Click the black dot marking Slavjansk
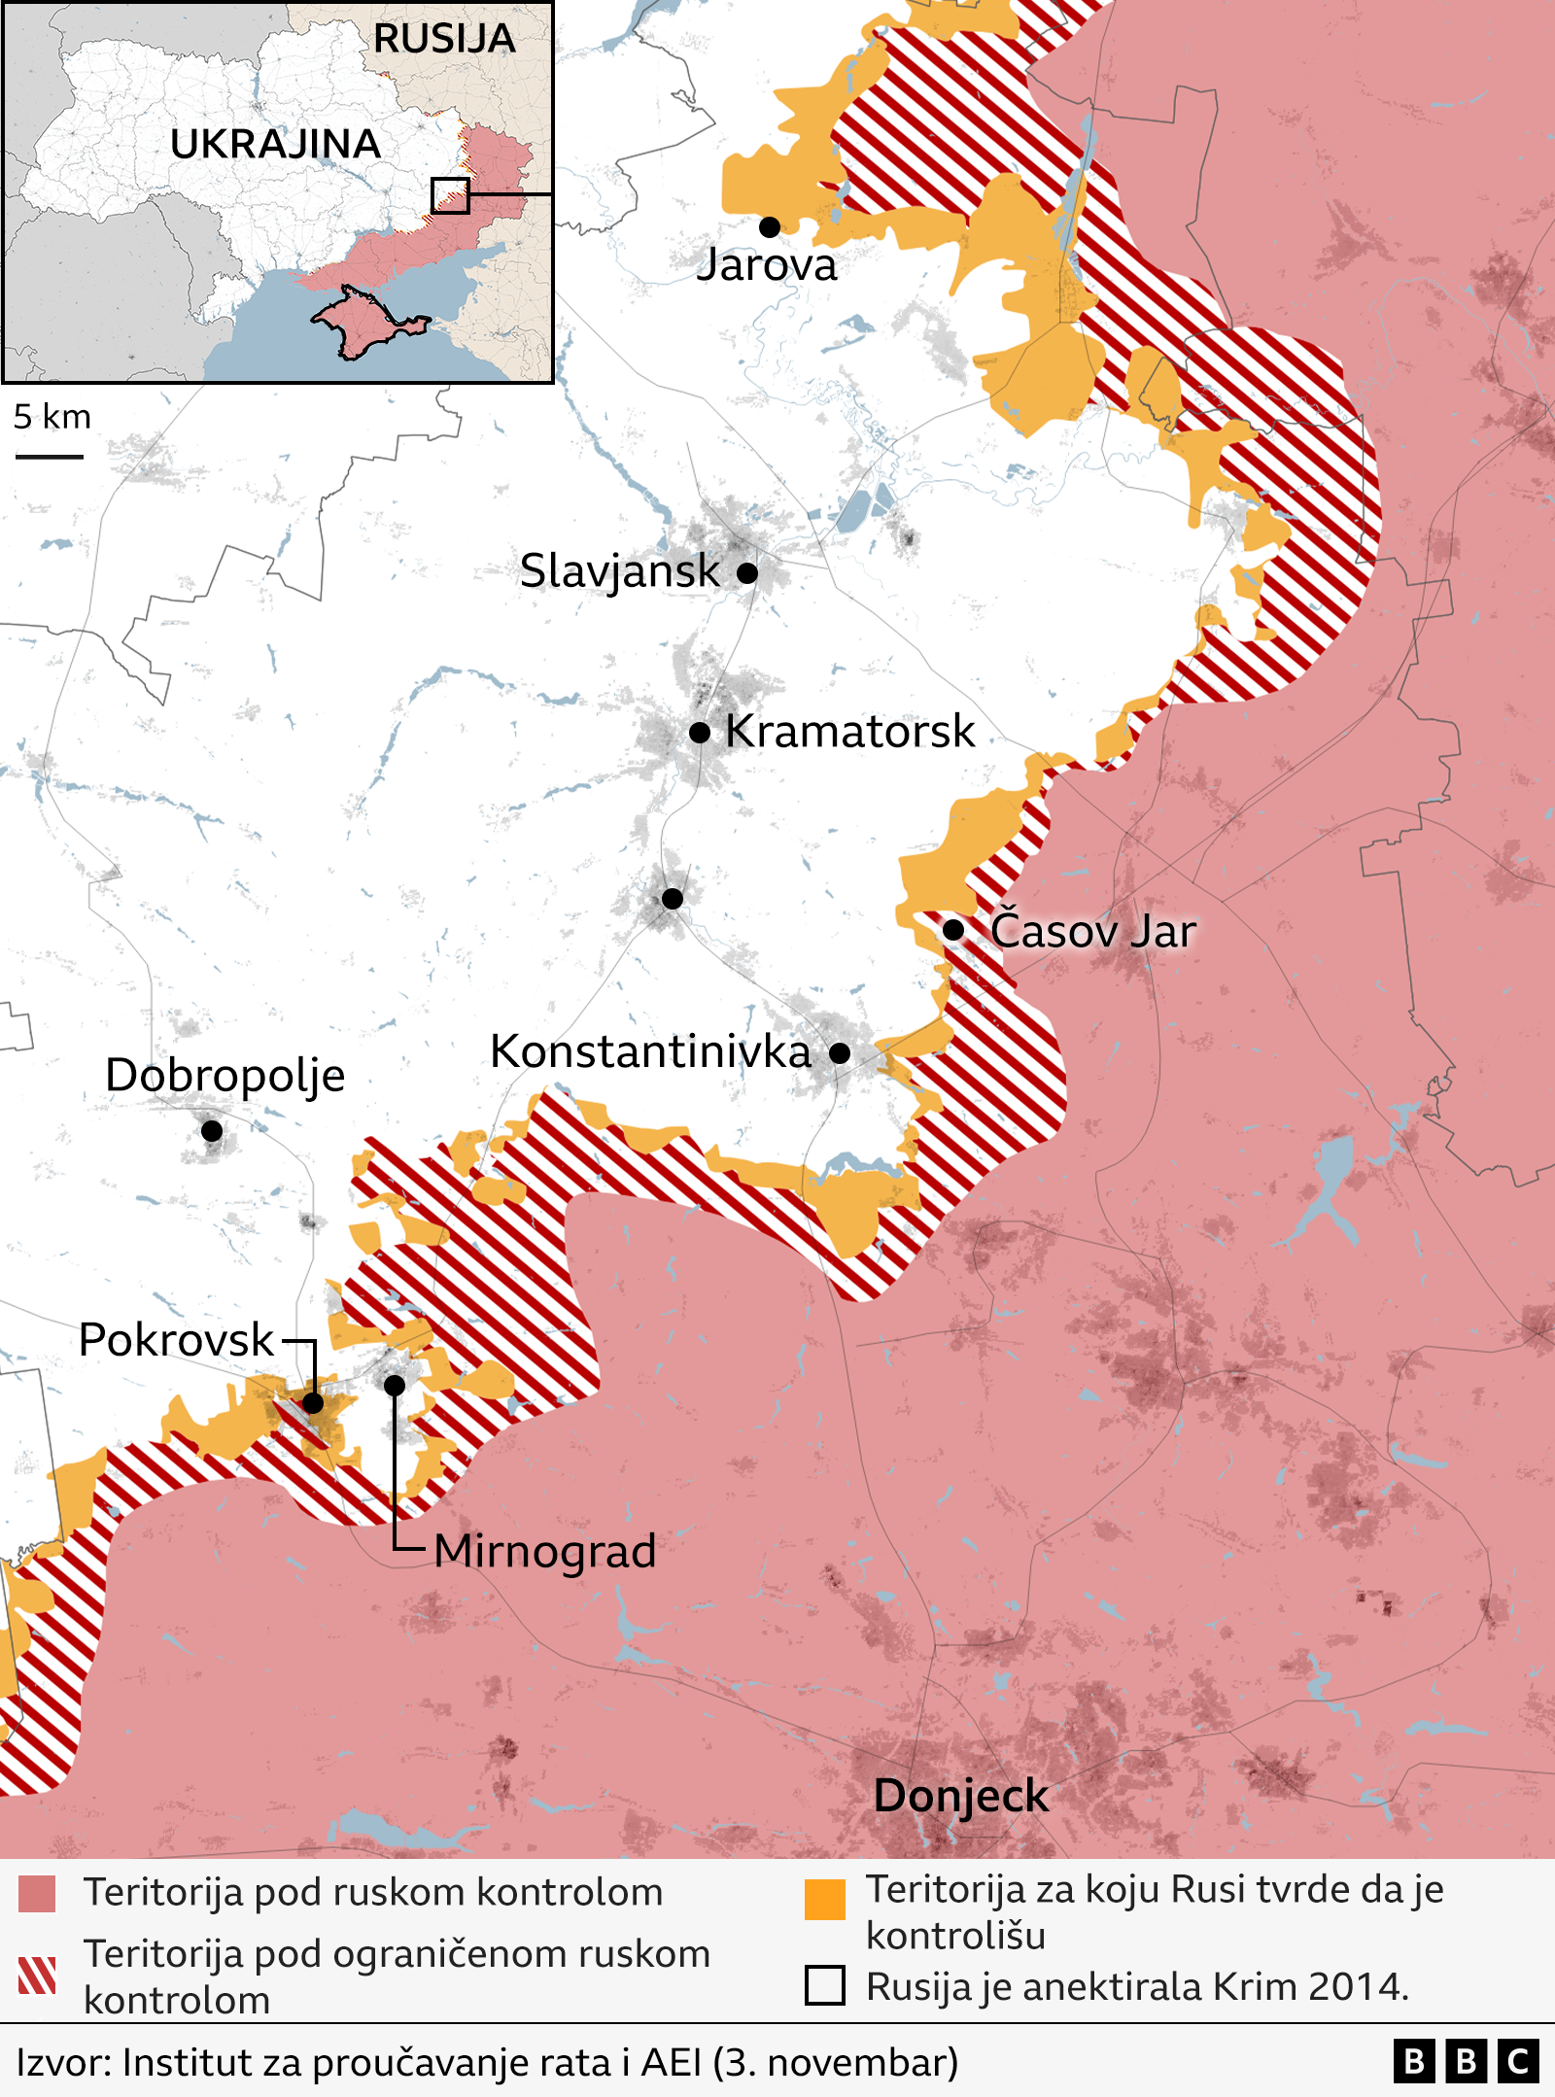pos(746,572)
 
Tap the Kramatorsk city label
pos(849,731)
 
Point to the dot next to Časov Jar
pos(953,930)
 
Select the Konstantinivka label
pos(650,1051)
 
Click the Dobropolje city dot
pos(212,1130)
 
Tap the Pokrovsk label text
pos(176,1340)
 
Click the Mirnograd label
pos(544,1551)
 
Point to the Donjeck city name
pos(960,1796)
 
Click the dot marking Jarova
pos(770,227)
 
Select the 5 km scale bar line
pos(49,456)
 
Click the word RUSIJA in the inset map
pos(444,39)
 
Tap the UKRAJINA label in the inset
pos(275,144)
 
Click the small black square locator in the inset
pos(450,195)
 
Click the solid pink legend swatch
pos(37,1894)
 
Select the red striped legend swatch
pos(37,1975)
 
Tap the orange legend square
pos(824,1900)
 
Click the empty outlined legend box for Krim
pos(824,1985)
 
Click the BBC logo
pos(1466,2062)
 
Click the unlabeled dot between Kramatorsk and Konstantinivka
pos(672,899)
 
